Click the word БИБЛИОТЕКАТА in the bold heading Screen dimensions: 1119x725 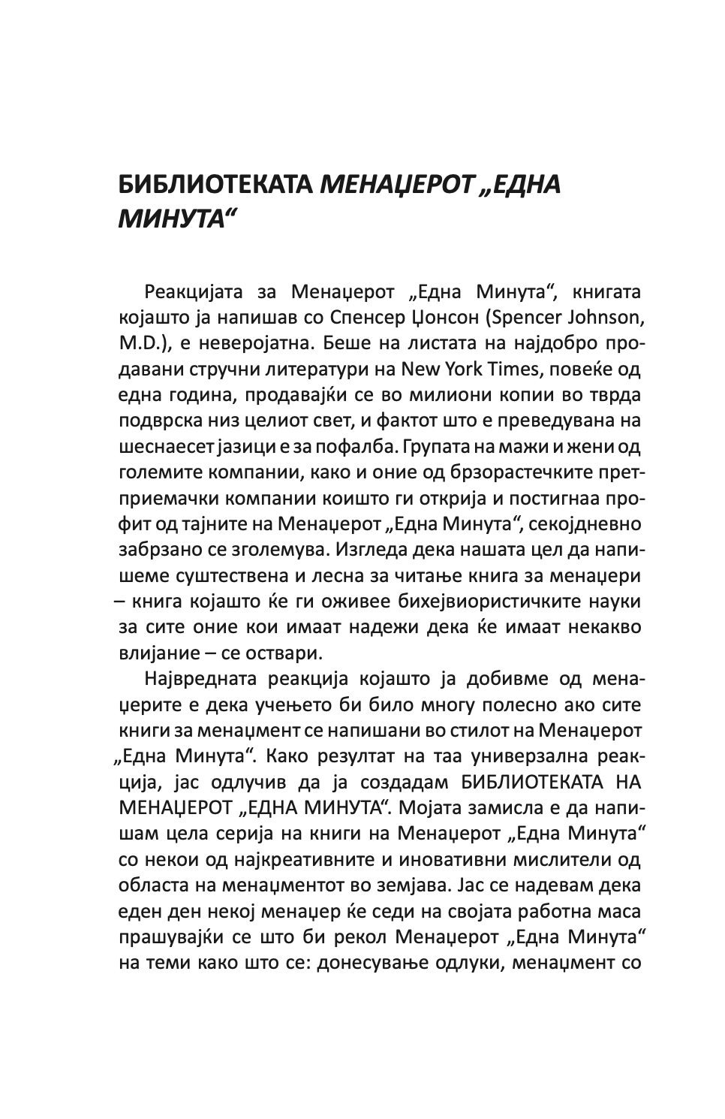(216, 184)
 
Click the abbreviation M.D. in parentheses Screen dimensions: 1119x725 (139, 343)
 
